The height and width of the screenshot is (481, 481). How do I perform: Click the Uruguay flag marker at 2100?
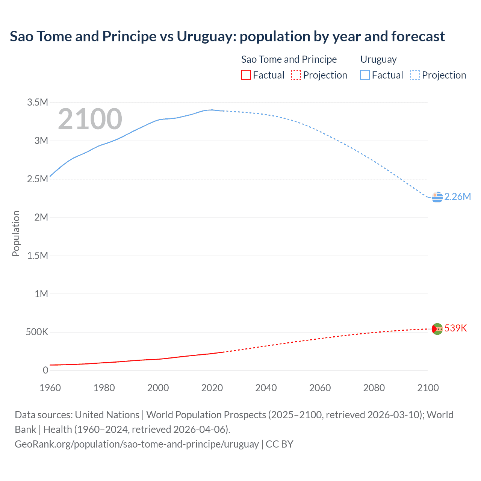437,197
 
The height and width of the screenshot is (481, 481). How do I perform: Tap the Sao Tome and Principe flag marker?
437,329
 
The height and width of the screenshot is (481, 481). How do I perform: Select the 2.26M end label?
457,197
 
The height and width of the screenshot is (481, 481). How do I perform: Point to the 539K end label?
455,328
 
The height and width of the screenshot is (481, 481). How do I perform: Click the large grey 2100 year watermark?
90,119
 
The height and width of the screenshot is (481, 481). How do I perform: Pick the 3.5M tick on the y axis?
38,102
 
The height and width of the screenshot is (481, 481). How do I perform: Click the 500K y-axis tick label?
37,332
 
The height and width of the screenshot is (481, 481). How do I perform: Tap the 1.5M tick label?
38,256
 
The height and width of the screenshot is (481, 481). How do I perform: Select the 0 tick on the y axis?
45,370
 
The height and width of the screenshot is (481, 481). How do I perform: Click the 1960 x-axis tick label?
50,388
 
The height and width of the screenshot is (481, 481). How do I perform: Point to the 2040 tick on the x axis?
266,388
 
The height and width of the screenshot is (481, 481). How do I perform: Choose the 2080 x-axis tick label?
374,388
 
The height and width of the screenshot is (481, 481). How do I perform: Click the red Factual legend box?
246,75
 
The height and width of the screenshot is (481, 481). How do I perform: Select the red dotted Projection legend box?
296,75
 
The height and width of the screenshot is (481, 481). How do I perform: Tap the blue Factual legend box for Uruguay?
365,75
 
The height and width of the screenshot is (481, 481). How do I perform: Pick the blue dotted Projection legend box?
415,75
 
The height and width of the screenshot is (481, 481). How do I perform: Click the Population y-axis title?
16,233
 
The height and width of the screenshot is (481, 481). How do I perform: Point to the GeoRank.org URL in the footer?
136,444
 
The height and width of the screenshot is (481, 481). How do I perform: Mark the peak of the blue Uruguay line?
211,110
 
